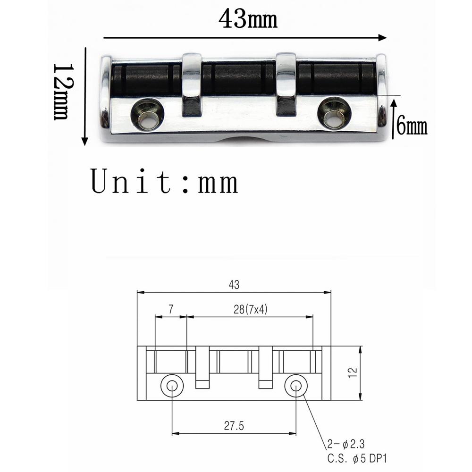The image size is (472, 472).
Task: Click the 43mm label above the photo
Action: (x=248, y=19)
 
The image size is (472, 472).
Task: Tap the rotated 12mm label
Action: (x=64, y=92)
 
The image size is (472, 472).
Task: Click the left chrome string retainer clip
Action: (x=192, y=84)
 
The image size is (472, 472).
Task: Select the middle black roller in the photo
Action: (x=239, y=79)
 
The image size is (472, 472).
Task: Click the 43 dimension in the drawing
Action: (x=234, y=285)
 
